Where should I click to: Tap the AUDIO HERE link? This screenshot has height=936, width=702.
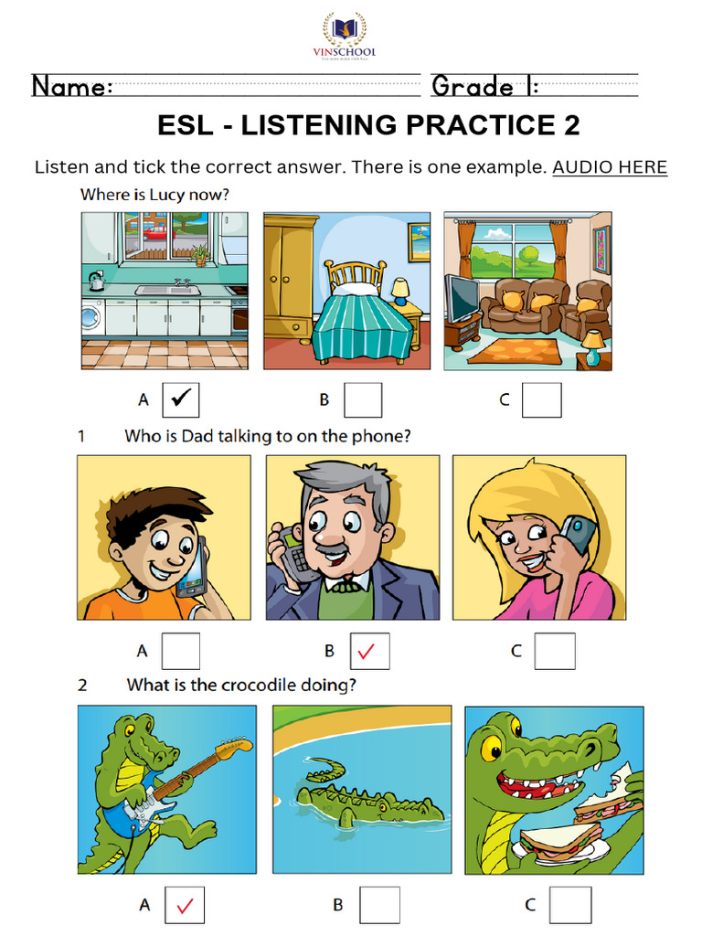click(x=610, y=167)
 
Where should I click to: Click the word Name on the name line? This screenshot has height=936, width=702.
click(x=72, y=87)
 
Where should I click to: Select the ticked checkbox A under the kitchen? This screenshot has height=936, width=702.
click(x=180, y=399)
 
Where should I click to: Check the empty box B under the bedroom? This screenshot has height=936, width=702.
click(x=363, y=399)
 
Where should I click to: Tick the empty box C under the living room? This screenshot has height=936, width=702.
click(x=542, y=399)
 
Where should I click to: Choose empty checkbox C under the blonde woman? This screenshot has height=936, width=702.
click(x=555, y=651)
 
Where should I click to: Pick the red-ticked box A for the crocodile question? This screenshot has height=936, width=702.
click(x=185, y=905)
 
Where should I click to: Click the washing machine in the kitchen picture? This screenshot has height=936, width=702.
click(x=91, y=317)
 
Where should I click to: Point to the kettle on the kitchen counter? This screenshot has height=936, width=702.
click(x=95, y=280)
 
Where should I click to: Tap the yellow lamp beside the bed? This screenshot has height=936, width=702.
click(x=400, y=291)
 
